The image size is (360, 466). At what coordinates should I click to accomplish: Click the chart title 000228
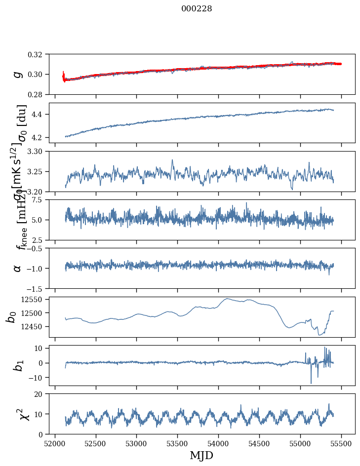pos(197,9)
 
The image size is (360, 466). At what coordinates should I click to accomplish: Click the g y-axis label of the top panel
pos(18,74)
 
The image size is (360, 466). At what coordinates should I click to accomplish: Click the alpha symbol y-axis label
pos(18,268)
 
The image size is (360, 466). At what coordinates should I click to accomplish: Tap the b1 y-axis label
pos(18,365)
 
